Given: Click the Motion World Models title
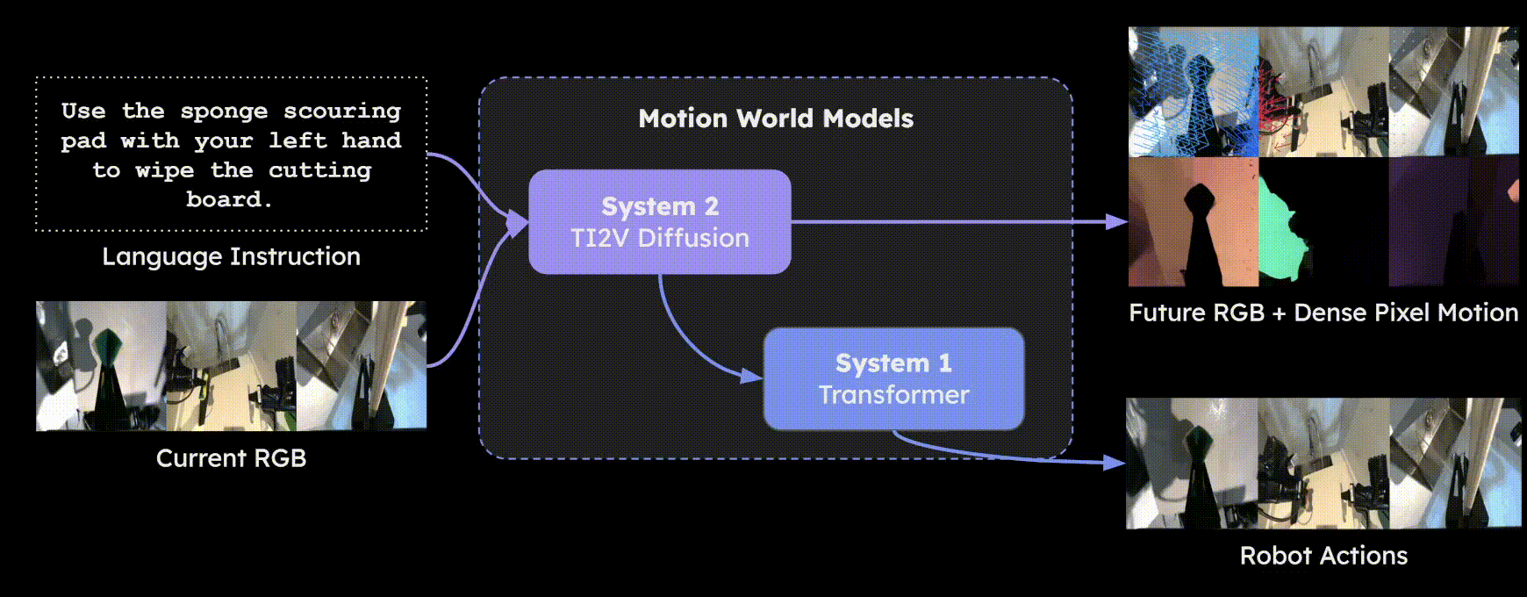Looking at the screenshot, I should [x=776, y=119].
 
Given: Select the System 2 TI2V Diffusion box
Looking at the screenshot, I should [x=659, y=221].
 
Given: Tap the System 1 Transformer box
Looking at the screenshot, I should [x=893, y=378].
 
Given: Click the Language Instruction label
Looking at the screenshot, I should [x=231, y=256].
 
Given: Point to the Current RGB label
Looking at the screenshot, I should [x=231, y=458].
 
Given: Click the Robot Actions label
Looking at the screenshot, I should [x=1323, y=556].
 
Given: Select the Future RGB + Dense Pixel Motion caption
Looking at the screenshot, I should [x=1323, y=313].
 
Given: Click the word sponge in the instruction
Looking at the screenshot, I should [x=224, y=111].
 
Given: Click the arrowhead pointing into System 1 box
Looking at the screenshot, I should [x=752, y=376].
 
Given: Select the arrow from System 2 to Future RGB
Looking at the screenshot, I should [x=957, y=222].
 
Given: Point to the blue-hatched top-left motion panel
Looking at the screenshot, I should [x=1193, y=91].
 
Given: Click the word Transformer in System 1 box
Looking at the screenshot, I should [x=893, y=395].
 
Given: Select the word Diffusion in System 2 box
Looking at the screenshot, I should [x=693, y=238].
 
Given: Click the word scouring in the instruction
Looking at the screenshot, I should [x=341, y=111].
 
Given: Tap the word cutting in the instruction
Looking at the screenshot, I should [x=319, y=170].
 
